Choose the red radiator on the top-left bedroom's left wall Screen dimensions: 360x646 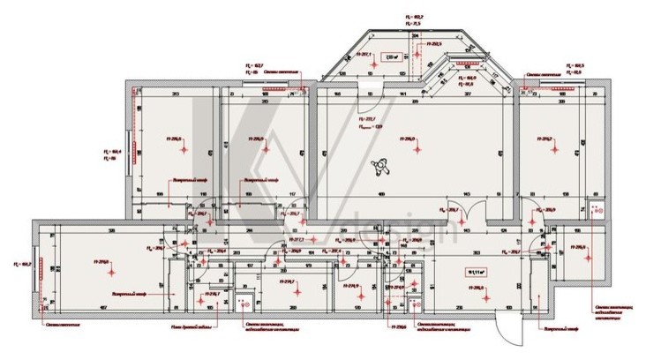[132, 149]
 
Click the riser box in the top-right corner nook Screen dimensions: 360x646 [595, 210]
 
